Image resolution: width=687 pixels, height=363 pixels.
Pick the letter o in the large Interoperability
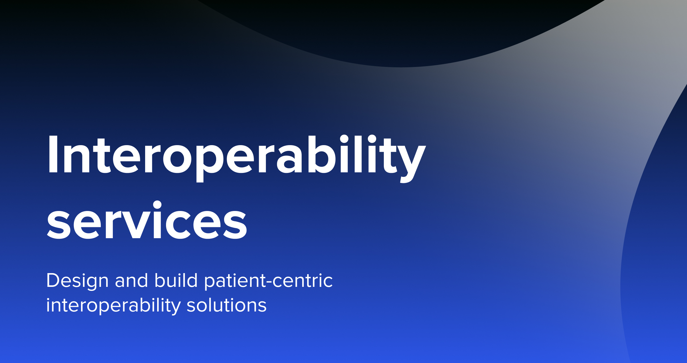click(177, 159)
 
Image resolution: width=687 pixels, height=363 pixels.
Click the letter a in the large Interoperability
click(289, 159)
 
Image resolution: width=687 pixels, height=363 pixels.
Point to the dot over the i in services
click(157, 205)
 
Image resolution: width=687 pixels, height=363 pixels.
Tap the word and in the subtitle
click(131, 281)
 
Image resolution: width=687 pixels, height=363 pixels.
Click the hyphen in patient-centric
click(269, 282)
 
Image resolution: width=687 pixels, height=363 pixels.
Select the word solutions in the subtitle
click(226, 305)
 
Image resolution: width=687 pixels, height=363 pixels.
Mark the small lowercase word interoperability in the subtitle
click(113, 306)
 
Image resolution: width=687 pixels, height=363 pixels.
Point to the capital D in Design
click(53, 280)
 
